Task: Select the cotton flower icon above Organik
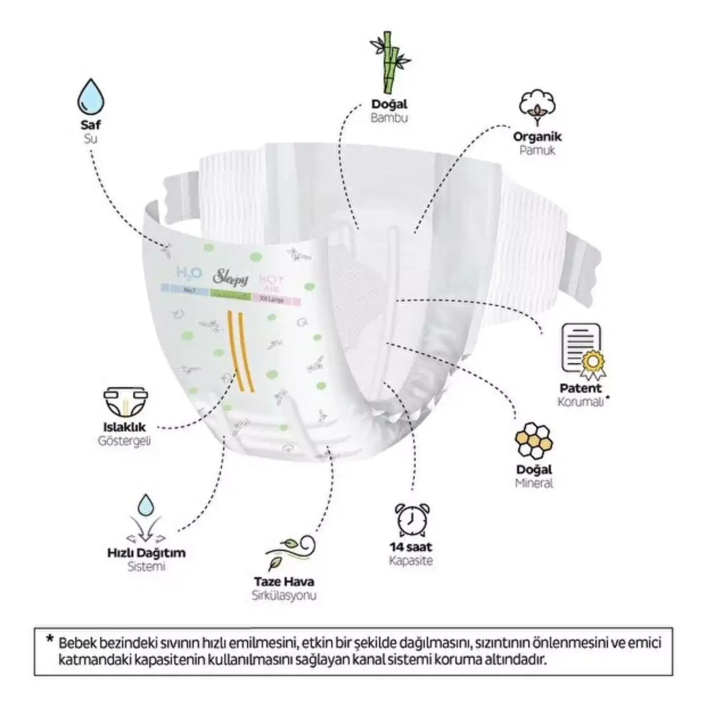(537, 107)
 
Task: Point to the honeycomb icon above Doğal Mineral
(534, 440)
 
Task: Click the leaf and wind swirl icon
(289, 553)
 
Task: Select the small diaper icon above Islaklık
(125, 403)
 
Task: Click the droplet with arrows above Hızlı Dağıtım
(146, 518)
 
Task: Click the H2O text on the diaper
(189, 272)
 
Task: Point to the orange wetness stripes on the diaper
(240, 351)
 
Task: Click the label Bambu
(389, 118)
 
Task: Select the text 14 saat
(411, 547)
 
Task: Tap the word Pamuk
(537, 150)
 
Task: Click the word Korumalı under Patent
(580, 402)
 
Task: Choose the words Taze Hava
(284, 582)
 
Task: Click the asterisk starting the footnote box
(49, 640)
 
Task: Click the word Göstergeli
(124, 441)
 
